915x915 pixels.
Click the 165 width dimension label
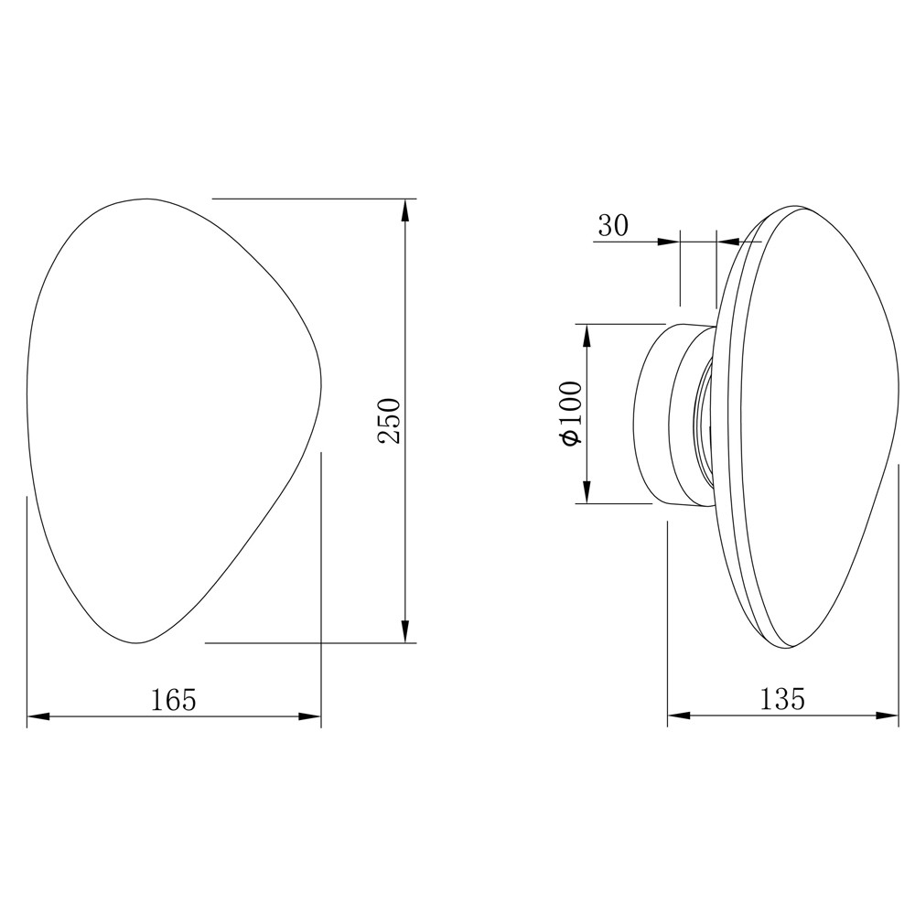[x=174, y=700]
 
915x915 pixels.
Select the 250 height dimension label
[x=389, y=421]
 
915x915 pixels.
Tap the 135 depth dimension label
[x=782, y=698]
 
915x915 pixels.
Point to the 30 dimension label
[x=613, y=225]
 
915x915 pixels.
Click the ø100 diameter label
[x=572, y=414]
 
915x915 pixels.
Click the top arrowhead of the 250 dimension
[x=405, y=210]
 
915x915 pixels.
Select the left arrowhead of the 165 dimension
[x=38, y=716]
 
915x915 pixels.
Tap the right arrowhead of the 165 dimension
[x=310, y=716]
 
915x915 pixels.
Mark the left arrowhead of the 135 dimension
[x=679, y=715]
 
